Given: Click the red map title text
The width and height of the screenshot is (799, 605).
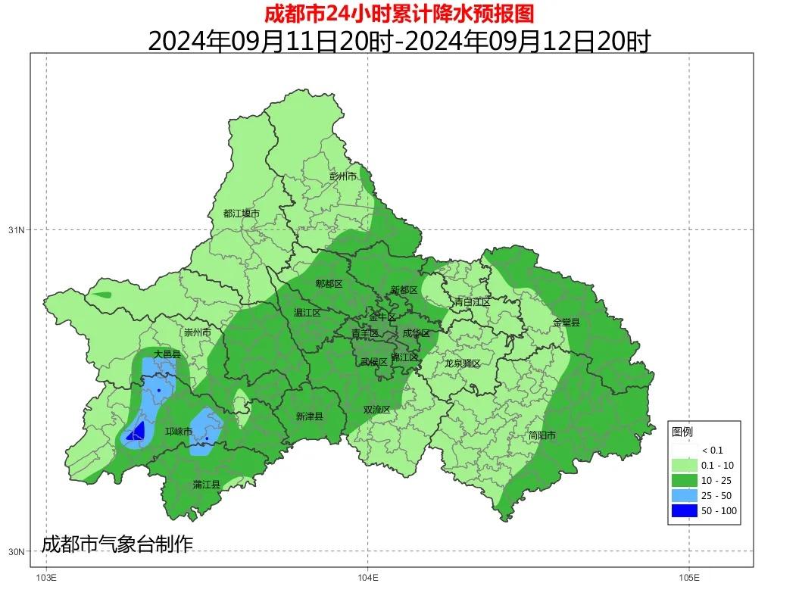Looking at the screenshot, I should (399, 13).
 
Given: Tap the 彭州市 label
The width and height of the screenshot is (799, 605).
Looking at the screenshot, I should (342, 176).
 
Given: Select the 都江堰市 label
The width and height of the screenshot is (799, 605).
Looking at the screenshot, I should (241, 214).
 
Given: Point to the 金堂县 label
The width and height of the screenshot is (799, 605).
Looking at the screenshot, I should (566, 323).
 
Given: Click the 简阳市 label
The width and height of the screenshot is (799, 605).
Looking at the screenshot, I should (542, 436).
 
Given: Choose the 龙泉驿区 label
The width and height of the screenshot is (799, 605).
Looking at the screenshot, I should (462, 363).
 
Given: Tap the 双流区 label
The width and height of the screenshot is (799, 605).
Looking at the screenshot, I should (376, 410).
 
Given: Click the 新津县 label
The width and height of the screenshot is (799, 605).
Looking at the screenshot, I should (309, 416).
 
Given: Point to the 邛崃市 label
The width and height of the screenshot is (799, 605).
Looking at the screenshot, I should (179, 432).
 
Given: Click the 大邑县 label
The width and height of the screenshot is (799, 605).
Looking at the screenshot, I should (167, 354).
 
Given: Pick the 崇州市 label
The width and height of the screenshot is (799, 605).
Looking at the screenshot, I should (197, 332).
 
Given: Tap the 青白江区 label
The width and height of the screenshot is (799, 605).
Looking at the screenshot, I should (472, 302).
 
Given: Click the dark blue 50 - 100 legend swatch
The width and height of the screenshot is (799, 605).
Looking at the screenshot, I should (683, 511).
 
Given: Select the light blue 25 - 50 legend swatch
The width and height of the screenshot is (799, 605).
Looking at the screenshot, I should (683, 496).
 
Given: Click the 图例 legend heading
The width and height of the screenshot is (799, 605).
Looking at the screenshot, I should (682, 432).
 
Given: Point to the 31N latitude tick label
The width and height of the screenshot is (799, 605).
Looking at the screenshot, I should (16, 230).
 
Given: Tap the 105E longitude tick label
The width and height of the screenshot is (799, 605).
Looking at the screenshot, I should (688, 578).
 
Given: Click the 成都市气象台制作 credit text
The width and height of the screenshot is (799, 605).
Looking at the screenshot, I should (117, 544).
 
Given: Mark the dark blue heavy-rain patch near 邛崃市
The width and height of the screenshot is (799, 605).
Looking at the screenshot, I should (136, 432).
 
